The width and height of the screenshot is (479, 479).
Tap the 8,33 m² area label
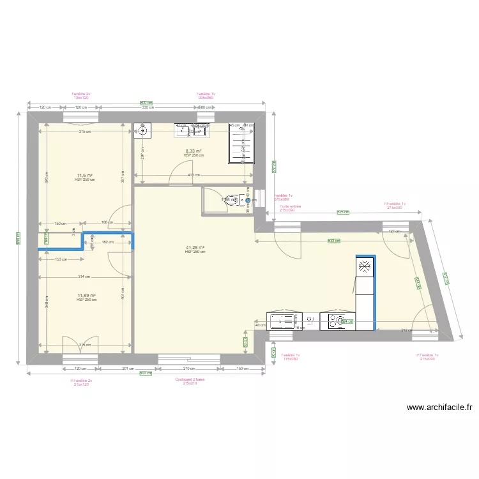click(x=193, y=151)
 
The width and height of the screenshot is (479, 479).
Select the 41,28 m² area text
click(x=195, y=248)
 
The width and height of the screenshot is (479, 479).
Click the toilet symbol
click(x=236, y=200)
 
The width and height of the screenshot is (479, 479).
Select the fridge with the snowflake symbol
click(x=364, y=267)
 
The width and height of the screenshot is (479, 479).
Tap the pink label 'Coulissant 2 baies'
click(x=189, y=379)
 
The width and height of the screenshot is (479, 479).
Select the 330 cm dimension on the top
click(x=148, y=107)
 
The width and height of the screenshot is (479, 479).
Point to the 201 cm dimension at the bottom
click(x=128, y=369)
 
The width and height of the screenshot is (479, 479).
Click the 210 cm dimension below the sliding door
click(x=188, y=369)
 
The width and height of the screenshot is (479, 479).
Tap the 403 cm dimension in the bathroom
click(x=190, y=175)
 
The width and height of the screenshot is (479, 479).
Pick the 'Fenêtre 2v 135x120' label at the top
click(x=81, y=96)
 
